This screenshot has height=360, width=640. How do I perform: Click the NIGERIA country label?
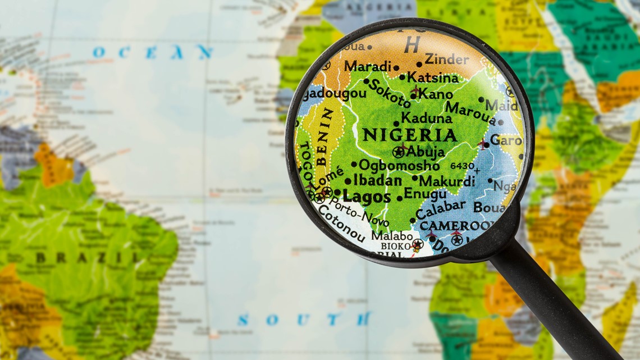[x=409, y=135]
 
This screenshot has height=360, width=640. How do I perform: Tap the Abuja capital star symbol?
[x=399, y=151]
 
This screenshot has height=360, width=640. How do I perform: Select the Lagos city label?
[x=366, y=197]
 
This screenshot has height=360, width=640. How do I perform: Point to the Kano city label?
[x=436, y=94]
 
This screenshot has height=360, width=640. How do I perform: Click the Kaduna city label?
[x=426, y=119]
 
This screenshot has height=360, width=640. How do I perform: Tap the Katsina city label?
[x=433, y=77]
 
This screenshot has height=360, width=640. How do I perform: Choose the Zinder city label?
[x=447, y=58]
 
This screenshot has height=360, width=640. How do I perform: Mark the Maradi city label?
[x=368, y=66]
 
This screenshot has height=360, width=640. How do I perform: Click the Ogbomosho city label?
[x=399, y=165]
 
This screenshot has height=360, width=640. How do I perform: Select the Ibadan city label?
[x=377, y=181]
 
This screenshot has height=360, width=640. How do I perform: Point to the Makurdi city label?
[x=447, y=181]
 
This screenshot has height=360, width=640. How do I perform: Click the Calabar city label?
[x=441, y=209]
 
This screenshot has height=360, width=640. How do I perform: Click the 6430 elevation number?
[x=462, y=166]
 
